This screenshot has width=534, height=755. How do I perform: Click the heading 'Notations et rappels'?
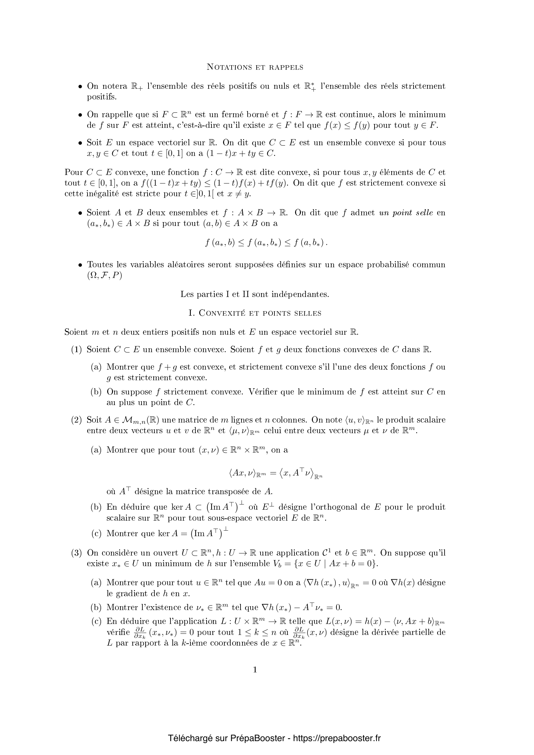point(255,67)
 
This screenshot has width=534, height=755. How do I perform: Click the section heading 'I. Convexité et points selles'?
point(254,313)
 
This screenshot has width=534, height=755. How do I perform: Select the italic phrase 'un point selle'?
point(406,213)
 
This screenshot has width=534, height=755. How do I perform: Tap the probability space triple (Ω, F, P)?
point(104,275)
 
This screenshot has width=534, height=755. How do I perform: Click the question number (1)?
point(76,350)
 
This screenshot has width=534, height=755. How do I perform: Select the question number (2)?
point(76,420)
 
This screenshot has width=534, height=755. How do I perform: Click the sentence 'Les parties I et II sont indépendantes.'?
point(255,294)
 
